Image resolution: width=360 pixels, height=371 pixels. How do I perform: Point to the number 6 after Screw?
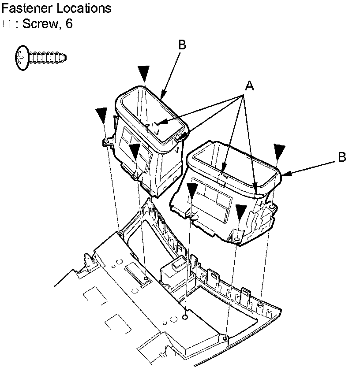[68, 24]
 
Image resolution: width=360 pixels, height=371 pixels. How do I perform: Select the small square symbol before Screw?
[6, 24]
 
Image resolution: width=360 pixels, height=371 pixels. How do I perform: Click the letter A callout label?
[250, 87]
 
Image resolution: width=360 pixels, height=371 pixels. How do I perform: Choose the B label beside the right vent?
[342, 157]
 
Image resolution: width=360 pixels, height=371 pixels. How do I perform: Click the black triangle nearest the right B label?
[279, 151]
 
